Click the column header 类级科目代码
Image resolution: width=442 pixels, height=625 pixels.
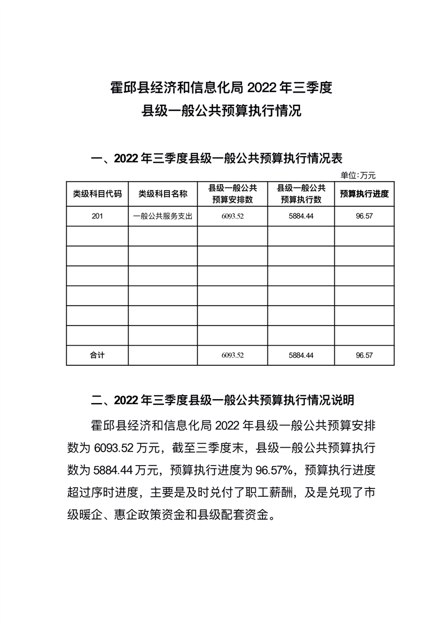point(97,194)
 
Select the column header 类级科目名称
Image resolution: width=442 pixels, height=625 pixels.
point(163,194)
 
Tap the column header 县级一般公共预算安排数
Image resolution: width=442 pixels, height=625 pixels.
point(232,194)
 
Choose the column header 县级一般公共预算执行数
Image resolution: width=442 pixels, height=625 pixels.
point(301,194)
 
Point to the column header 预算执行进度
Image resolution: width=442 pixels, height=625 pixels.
point(364,194)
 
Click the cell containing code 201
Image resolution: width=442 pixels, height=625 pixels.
point(97,216)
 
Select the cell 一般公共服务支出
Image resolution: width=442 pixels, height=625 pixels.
point(163,216)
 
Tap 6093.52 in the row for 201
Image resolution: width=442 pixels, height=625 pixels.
point(232,216)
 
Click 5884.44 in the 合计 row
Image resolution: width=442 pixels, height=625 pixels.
point(301,355)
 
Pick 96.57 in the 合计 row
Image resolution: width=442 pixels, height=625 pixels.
point(364,355)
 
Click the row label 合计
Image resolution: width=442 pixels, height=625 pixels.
point(97,355)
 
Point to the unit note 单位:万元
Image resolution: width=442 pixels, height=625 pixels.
point(358,175)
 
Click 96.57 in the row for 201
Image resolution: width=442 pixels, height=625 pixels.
point(364,216)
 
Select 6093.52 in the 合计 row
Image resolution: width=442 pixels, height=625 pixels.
point(232,355)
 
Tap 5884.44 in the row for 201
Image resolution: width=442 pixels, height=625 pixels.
point(301,216)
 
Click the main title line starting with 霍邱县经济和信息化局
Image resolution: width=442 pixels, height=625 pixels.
point(221,88)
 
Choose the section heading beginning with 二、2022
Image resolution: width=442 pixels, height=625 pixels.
point(222,400)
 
